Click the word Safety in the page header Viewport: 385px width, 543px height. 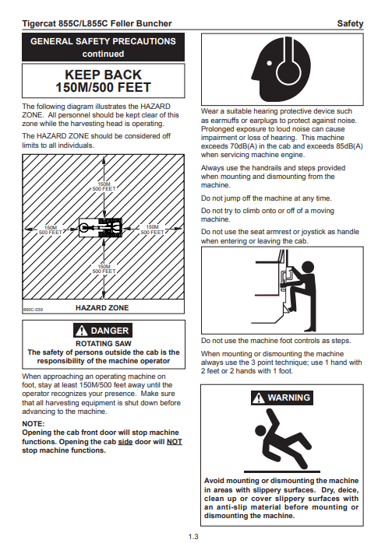(x=350, y=23)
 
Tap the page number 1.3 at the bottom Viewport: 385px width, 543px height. (x=193, y=537)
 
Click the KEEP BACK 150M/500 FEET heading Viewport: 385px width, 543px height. (x=104, y=81)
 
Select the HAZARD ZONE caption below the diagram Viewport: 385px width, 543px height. (x=102, y=307)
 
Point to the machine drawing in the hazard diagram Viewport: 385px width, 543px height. (x=101, y=227)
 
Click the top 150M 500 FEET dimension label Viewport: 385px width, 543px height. (x=104, y=186)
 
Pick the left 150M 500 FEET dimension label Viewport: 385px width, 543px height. (x=51, y=230)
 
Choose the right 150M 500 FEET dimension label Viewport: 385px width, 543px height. (x=152, y=229)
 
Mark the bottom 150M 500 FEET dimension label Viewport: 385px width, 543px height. (x=104, y=268)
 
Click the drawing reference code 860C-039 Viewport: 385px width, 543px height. (x=33, y=310)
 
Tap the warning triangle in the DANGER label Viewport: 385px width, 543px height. (x=82, y=331)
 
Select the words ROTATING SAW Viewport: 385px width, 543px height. (x=104, y=344)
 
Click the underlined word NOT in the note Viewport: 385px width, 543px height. (x=175, y=442)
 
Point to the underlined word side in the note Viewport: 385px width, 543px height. (x=125, y=442)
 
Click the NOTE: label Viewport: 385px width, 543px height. (x=34, y=423)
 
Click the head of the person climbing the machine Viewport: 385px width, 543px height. (x=307, y=268)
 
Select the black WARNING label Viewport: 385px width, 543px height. (x=281, y=398)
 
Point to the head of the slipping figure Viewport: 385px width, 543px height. (x=260, y=430)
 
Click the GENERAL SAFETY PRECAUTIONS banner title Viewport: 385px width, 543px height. (x=103, y=41)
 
